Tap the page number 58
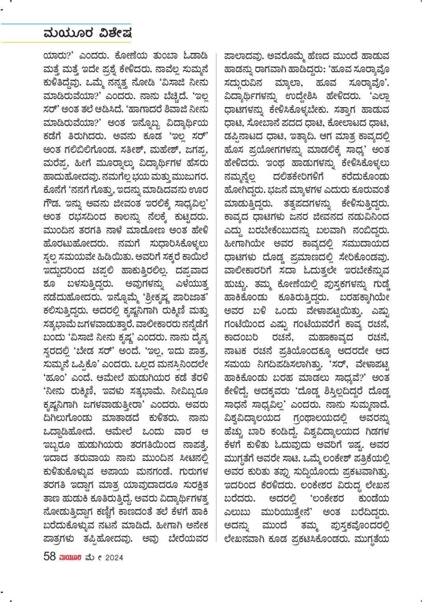pyautogui.click(x=49, y=557)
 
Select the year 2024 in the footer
pyautogui.click(x=114, y=557)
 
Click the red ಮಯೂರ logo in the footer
pyautogui.click(x=70, y=557)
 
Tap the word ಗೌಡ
pyautogui.click(x=52, y=204)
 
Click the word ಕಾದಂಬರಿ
pyautogui.click(x=241, y=338)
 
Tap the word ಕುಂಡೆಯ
pyautogui.click(x=374, y=499)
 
